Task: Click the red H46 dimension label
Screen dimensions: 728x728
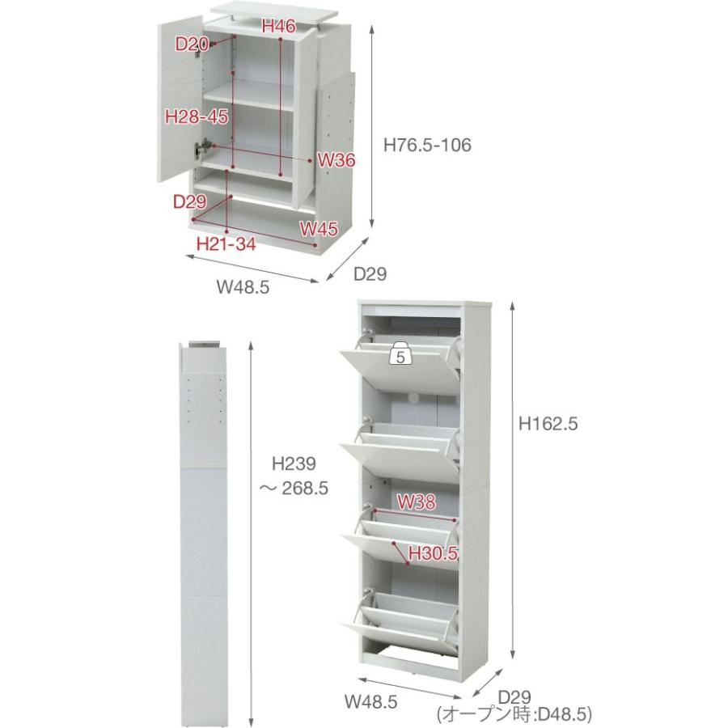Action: click(x=278, y=26)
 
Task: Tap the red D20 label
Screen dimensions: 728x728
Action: click(x=192, y=44)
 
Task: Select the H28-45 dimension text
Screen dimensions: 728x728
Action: click(x=197, y=116)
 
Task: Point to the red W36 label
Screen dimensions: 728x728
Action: click(x=336, y=161)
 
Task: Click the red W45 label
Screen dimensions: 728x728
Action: click(x=319, y=228)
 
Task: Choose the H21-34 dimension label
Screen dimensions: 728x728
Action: click(x=226, y=243)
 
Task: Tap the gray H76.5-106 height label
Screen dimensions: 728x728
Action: click(x=427, y=145)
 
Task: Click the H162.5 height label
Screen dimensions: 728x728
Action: click(x=548, y=423)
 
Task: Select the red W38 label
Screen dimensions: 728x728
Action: click(x=417, y=502)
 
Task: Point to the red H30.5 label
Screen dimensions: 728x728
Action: click(x=434, y=553)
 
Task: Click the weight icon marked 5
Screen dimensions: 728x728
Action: click(x=401, y=353)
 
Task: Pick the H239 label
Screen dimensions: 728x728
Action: click(x=294, y=463)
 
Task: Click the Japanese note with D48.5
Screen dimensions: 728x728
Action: click(x=514, y=713)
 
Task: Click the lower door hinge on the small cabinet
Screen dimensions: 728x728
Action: click(x=202, y=148)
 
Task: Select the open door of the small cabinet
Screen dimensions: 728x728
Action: click(x=180, y=99)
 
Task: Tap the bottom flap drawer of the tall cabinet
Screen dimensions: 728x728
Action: click(x=400, y=617)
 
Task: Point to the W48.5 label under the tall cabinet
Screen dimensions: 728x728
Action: click(x=371, y=701)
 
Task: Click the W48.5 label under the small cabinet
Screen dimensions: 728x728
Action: click(x=243, y=288)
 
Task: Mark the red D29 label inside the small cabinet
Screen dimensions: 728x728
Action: click(x=189, y=201)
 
